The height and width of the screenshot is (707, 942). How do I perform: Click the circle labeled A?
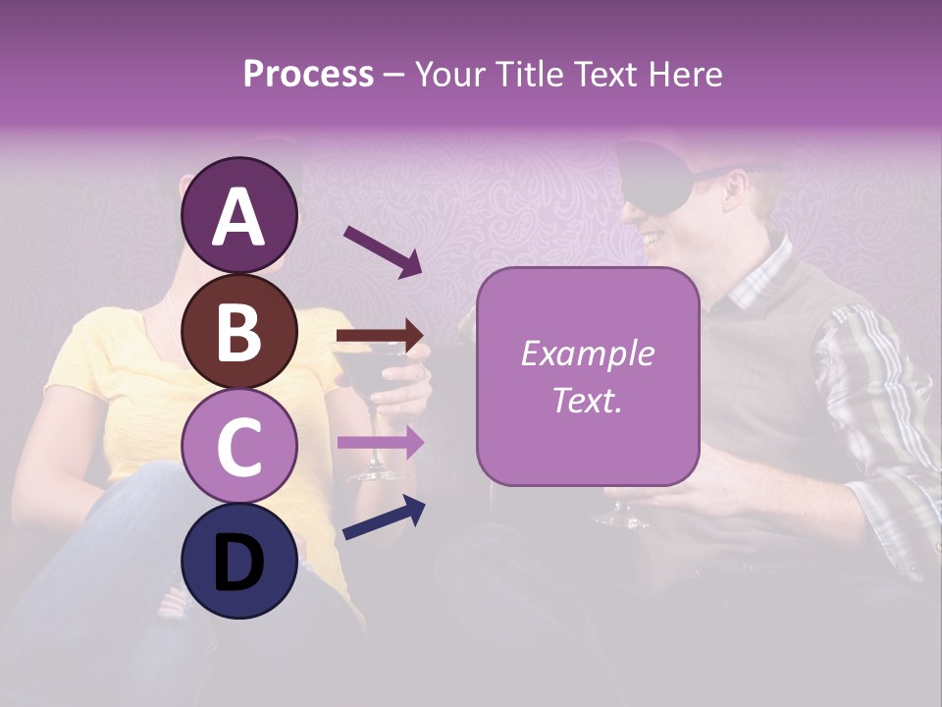point(239,215)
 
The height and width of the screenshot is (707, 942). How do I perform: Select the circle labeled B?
point(239,331)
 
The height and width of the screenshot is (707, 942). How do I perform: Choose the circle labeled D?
point(239,561)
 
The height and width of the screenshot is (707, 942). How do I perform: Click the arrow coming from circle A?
point(383,251)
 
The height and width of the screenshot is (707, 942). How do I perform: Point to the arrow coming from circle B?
point(381,336)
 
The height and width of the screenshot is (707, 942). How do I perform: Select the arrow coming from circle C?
point(381,443)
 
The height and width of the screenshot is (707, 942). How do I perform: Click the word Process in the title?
point(308,74)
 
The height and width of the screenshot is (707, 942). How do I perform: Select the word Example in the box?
point(587,353)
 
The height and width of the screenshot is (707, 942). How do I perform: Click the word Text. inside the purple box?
point(587,400)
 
